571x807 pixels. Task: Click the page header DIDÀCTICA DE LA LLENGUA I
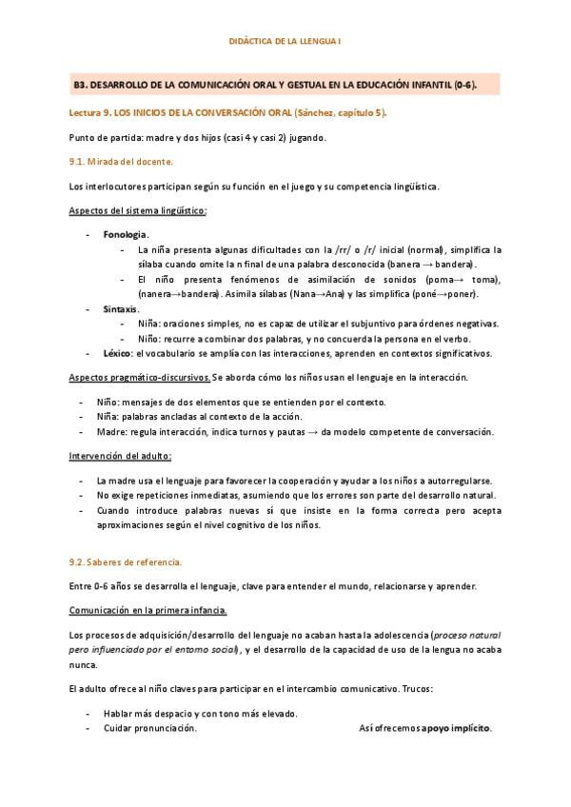pos(285,42)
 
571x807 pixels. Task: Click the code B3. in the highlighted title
pos(82,85)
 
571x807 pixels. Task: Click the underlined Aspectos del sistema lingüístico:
pos(138,209)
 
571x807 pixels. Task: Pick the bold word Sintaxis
pos(121,309)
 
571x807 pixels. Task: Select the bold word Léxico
pos(116,353)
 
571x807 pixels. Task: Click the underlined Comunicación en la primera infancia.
pos(148,609)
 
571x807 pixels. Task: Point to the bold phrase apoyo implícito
pos(456,728)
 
